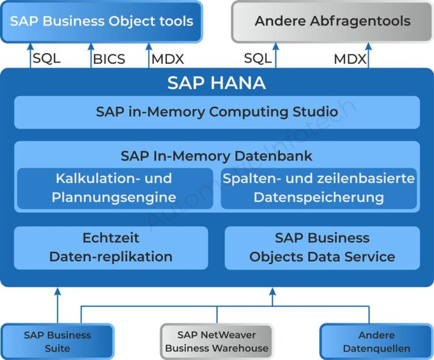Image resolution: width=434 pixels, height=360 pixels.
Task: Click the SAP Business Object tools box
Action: point(101,21)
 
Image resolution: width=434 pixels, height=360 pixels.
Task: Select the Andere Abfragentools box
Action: point(332,21)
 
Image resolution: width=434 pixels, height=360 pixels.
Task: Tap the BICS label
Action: point(109,59)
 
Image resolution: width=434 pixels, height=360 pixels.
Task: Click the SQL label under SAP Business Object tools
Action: point(46,59)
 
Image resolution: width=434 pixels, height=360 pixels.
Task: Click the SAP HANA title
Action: point(216,83)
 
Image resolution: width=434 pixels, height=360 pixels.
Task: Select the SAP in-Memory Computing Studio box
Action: point(216,112)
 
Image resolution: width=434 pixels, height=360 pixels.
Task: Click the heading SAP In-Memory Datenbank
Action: point(216,156)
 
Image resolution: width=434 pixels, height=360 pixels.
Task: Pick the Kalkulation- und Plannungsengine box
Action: point(115,188)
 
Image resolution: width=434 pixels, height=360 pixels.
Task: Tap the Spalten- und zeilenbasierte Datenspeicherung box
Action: point(319,188)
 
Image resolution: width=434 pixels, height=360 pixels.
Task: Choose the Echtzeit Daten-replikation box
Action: point(111,247)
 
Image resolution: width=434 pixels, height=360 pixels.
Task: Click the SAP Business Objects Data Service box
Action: point(322,247)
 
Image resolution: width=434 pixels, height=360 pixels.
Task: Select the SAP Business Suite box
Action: point(57,342)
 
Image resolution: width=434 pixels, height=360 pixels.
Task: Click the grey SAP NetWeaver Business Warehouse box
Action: point(216,342)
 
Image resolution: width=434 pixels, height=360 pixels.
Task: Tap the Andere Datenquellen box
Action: point(376,342)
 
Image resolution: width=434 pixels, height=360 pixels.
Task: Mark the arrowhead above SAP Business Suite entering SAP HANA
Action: point(58,292)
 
